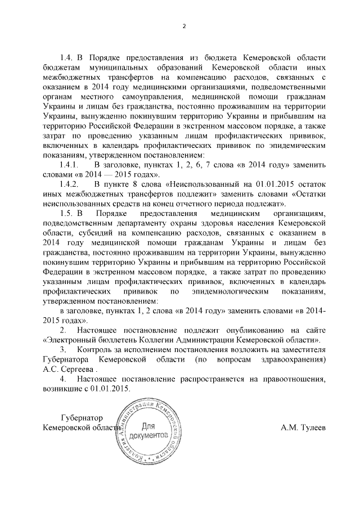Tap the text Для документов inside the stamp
(148, 431)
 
